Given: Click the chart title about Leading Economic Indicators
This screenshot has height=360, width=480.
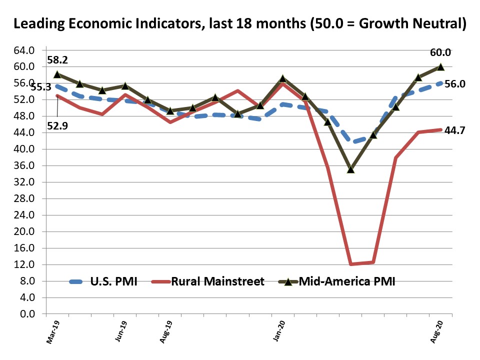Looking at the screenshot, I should click(x=240, y=23).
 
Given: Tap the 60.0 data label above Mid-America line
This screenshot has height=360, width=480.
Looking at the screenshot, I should click(x=440, y=52).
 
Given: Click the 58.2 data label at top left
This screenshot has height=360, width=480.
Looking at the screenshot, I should click(x=57, y=60).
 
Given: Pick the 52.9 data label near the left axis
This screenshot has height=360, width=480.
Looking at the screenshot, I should click(x=57, y=125).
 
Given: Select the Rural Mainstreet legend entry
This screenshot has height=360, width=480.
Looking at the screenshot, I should click(x=217, y=281).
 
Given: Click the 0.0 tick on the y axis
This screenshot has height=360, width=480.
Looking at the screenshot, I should click(x=27, y=314).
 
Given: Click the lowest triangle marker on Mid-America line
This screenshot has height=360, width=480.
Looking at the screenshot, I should click(x=350, y=169).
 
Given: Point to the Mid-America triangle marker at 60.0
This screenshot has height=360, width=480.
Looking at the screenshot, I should click(x=440, y=66).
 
